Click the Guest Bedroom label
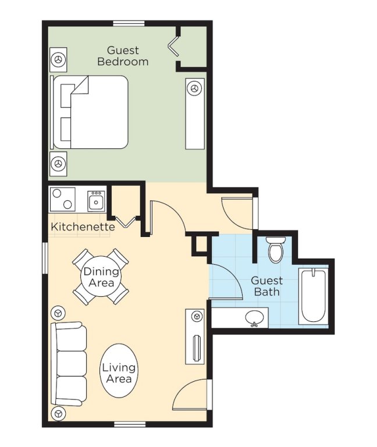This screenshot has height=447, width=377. [123, 56]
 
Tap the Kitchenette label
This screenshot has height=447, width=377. [83, 227]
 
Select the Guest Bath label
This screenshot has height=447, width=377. [266, 286]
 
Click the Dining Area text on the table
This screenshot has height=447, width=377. [101, 277]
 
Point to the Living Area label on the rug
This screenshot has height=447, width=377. [119, 373]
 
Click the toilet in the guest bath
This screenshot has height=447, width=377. [276, 249]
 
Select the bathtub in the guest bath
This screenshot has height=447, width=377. [313, 296]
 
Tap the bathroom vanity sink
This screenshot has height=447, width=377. [254, 318]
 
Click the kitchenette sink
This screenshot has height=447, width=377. [96, 201]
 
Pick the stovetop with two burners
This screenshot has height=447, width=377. [63, 199]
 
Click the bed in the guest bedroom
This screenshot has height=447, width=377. [89, 112]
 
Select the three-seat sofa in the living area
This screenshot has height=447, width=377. [69, 364]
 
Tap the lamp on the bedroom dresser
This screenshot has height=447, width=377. [195, 88]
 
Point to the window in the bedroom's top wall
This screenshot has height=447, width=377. [129, 23]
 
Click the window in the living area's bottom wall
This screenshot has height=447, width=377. [130, 425]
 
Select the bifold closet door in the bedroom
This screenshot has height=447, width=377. [174, 45]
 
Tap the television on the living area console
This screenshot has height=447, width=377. [197, 348]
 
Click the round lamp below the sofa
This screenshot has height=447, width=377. [58, 413]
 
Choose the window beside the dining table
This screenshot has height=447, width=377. [45, 258]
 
